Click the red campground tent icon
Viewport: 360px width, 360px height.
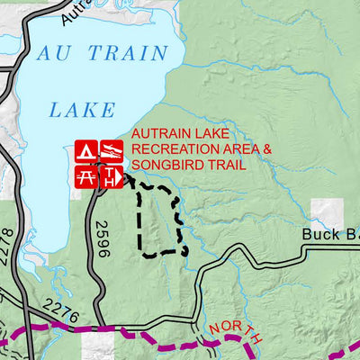click(86, 151)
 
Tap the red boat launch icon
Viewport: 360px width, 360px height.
click(110, 151)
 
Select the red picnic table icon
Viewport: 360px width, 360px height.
click(86, 176)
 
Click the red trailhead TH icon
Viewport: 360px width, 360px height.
click(110, 176)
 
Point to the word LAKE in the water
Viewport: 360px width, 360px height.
click(82, 110)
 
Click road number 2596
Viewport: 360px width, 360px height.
click(101, 240)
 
